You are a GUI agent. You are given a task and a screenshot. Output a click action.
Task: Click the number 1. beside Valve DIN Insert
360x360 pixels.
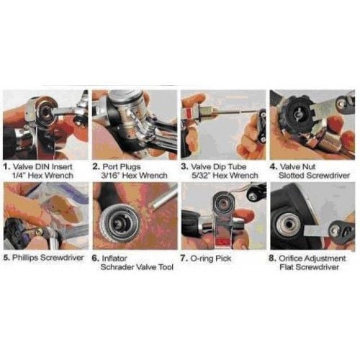[6, 166]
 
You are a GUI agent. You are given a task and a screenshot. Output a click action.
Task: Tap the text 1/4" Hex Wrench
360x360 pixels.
[42, 176]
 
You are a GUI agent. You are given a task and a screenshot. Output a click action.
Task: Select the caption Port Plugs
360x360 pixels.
[122, 166]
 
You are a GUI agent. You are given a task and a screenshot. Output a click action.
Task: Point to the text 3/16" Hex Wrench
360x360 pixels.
[134, 176]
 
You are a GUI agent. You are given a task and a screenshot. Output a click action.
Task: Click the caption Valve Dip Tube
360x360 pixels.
[219, 166]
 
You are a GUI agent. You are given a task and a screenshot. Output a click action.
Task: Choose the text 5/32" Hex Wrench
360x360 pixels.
[225, 176]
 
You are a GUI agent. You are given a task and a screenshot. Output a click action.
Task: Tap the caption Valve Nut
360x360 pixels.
[297, 166]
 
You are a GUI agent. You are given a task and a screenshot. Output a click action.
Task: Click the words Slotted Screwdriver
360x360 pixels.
[314, 176]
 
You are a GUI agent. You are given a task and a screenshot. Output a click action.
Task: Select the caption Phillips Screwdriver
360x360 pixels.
[48, 258]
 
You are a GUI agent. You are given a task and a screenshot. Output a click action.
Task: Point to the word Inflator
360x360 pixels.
[114, 258]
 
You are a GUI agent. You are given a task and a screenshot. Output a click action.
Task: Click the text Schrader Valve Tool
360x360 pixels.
[137, 267]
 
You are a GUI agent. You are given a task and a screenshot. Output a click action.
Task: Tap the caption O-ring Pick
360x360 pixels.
[211, 258]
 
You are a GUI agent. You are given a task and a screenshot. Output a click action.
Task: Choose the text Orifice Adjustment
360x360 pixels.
[312, 258]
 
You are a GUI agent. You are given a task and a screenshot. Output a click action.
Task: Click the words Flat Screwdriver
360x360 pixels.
[309, 267]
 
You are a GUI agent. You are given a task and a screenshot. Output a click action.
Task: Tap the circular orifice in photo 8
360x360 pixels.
[287, 225]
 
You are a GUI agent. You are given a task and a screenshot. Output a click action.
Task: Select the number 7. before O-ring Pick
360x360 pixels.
[184, 258]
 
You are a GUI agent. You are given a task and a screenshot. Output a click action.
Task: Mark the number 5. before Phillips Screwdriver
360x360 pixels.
[6, 258]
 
